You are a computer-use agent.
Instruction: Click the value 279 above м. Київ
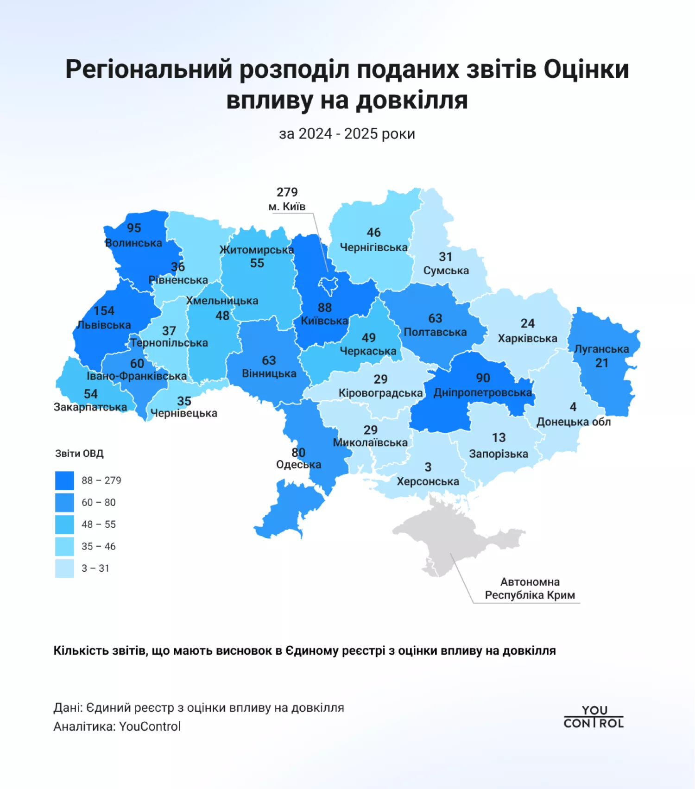[x=287, y=192]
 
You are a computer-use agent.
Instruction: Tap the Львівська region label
[x=104, y=325]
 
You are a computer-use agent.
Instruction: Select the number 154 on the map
[x=104, y=311]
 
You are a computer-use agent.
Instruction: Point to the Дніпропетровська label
[x=482, y=393]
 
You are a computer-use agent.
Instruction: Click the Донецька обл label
[x=573, y=422]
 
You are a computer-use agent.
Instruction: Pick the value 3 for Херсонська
[x=428, y=467]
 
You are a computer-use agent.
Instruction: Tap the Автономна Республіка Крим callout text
[x=530, y=588]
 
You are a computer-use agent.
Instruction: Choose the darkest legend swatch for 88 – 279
[x=64, y=480]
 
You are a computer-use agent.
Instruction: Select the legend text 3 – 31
[x=95, y=568]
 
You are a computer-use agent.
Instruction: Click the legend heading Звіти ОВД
[x=79, y=454]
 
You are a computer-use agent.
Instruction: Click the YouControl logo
[x=594, y=717]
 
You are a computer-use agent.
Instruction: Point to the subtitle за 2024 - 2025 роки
[x=347, y=134]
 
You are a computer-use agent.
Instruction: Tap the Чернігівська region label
[x=373, y=247]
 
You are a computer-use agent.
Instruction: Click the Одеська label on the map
[x=298, y=465]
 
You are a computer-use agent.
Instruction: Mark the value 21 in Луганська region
[x=601, y=363]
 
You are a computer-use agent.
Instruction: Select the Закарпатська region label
[x=90, y=407]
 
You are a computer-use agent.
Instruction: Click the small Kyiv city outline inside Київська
[x=329, y=284]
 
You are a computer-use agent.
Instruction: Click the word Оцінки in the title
[x=586, y=69]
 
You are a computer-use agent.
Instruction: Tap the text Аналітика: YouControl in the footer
[x=117, y=726]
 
